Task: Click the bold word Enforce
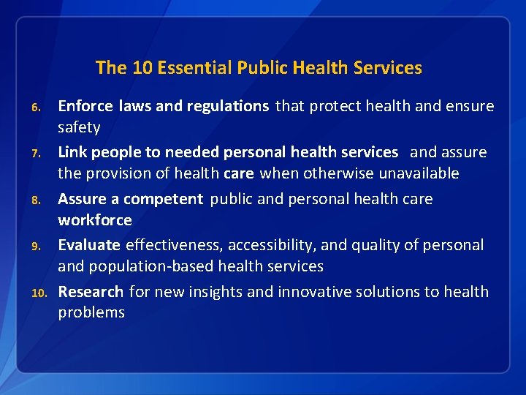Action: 85,106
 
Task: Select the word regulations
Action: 228,106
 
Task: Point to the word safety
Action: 79,127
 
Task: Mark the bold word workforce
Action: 95,219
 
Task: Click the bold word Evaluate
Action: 89,244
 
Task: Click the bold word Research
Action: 91,291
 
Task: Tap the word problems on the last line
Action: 91,312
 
